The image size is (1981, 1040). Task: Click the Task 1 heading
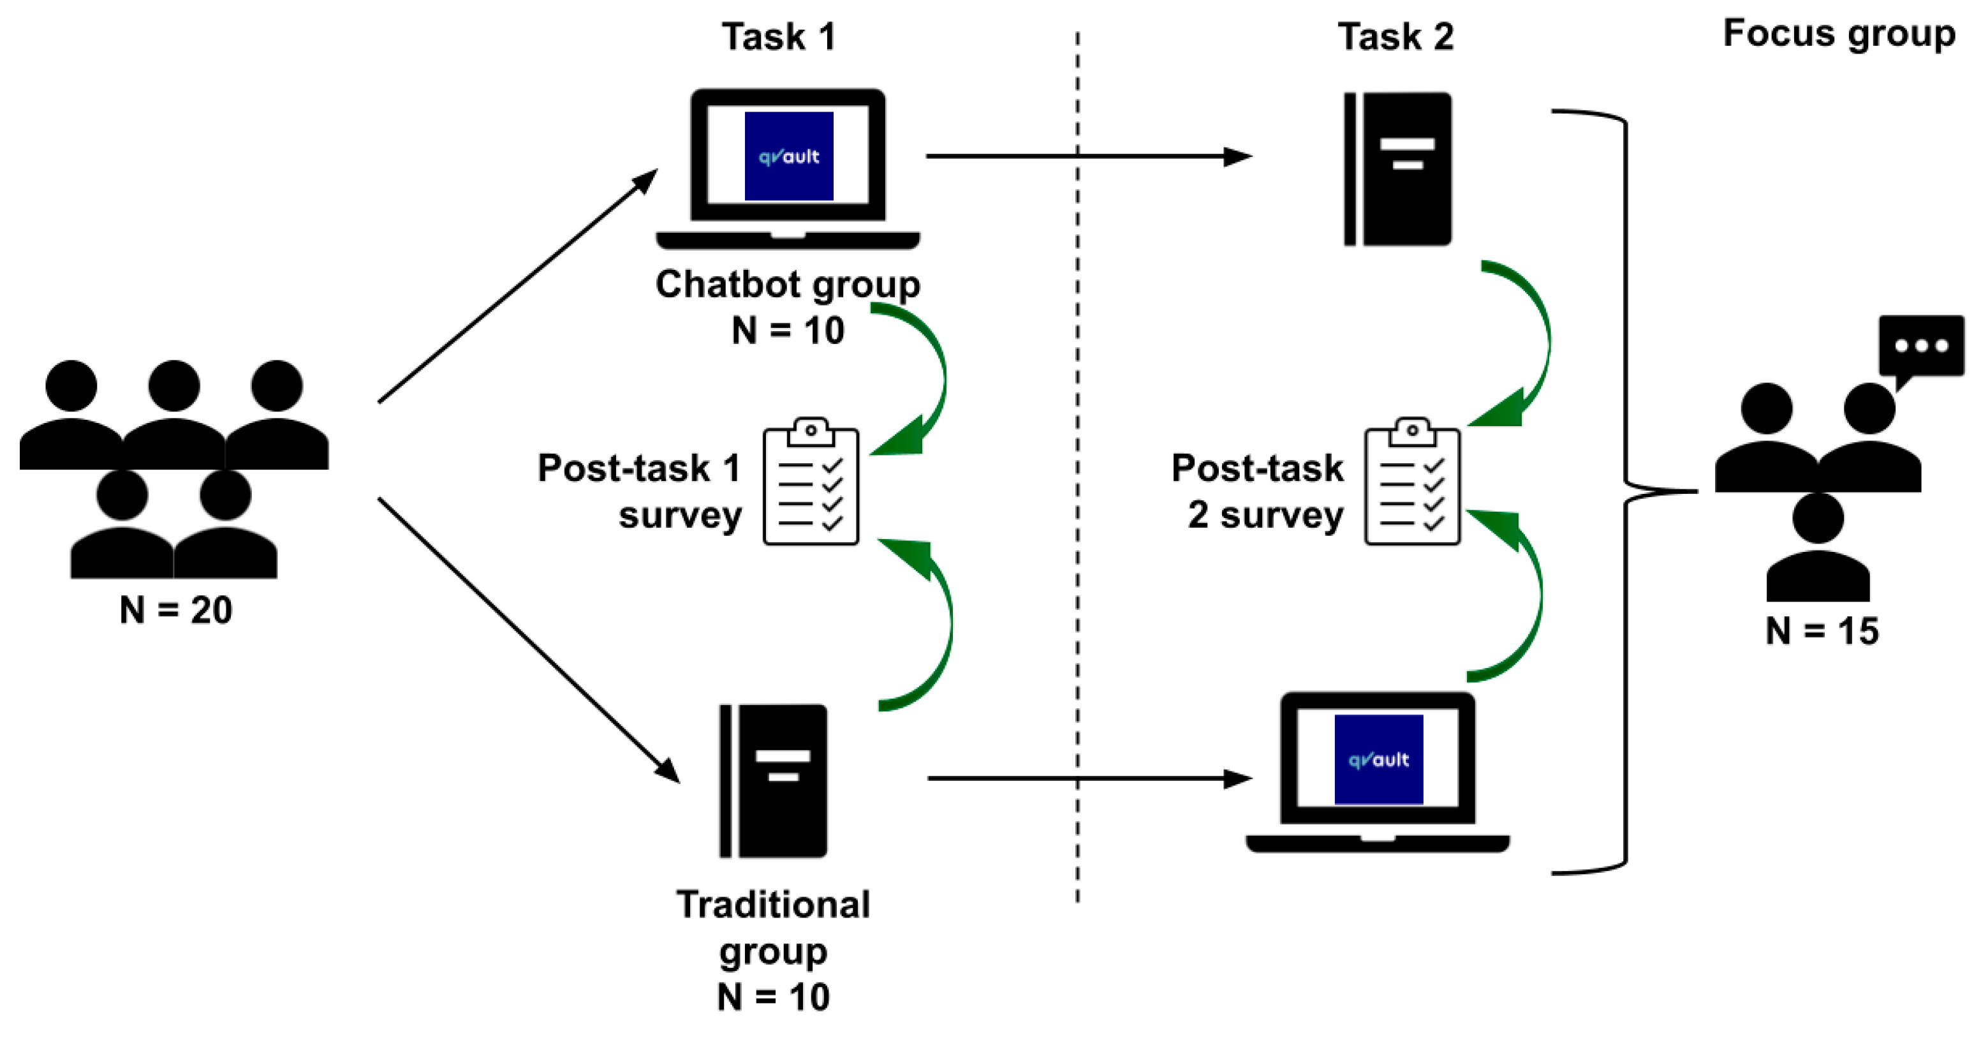778,37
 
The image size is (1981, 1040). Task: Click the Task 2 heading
1395,37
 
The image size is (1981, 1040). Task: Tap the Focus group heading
1838,34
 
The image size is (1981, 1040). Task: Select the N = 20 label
176,610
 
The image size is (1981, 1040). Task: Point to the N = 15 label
1822,631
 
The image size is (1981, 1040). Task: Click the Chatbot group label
788,285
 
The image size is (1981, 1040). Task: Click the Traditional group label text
773,928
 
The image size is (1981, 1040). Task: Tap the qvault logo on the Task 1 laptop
788,156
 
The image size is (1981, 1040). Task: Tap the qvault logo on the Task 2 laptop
1378,759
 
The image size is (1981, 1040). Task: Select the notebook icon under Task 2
1398,169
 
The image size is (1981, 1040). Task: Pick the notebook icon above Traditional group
774,781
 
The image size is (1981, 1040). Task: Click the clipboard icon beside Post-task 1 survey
811,483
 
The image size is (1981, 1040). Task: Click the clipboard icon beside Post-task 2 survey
1412,483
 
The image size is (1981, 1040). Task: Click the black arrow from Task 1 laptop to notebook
1077,156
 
